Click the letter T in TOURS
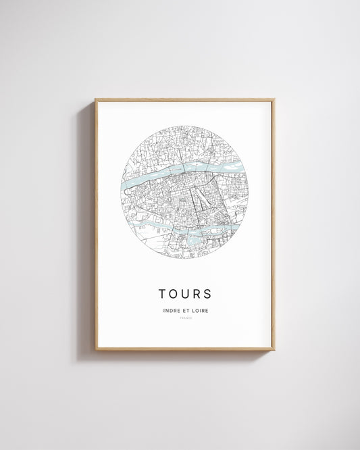[163, 294]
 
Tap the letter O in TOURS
[174, 294]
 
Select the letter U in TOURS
[186, 294]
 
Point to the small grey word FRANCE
[185, 318]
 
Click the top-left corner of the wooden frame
[96, 100]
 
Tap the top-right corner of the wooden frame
[274, 100]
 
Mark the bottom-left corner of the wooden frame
[96, 349]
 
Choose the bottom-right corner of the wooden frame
[274, 349]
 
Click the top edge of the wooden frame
[184, 100]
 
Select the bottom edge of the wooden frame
[184, 349]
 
